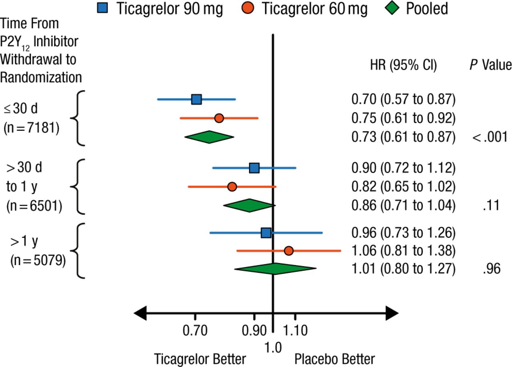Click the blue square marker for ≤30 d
click(196, 99)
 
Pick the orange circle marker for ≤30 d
click(219, 118)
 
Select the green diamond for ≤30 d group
click(209, 137)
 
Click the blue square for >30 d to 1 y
click(254, 168)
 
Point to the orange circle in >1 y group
click(289, 251)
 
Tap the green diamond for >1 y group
click(275, 269)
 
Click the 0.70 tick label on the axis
click(195, 331)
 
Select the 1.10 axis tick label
click(295, 331)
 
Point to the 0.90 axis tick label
click(254, 331)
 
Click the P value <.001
click(490, 137)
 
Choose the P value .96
click(492, 269)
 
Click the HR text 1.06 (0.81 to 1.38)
click(403, 251)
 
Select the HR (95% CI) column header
click(403, 65)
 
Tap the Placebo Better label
click(335, 359)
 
